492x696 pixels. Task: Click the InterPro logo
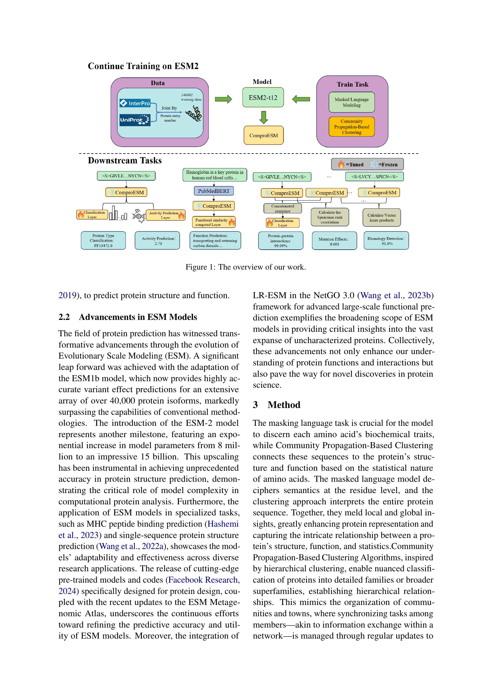click(135, 103)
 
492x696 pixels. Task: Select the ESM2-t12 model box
click(263, 97)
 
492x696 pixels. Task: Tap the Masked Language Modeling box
click(351, 102)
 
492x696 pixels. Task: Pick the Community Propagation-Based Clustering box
click(351, 127)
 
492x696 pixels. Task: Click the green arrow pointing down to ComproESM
click(264, 117)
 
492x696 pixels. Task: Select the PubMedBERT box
click(214, 191)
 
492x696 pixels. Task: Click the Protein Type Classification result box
click(103, 240)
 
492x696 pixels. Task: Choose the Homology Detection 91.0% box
click(386, 241)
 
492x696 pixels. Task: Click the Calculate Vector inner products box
click(381, 218)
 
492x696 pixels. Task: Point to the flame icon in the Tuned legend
click(341, 165)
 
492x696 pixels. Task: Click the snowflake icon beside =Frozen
click(374, 165)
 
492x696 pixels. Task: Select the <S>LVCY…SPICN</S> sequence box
click(374, 176)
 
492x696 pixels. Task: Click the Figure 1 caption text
click(246, 267)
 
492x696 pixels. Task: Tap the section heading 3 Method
click(276, 405)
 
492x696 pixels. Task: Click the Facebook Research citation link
click(203, 580)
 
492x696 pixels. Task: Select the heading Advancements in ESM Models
click(138, 317)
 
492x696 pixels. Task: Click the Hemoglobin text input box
click(214, 175)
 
